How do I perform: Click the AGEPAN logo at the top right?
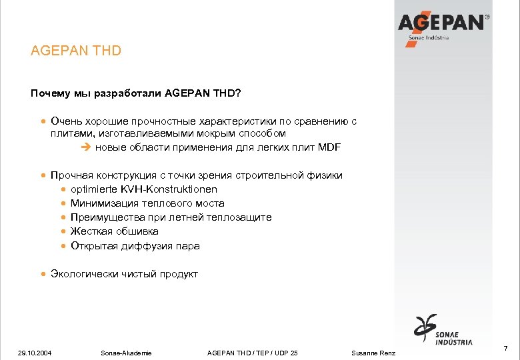coord(443,25)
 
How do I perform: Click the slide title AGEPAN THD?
coord(76,51)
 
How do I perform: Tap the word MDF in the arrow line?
coord(329,147)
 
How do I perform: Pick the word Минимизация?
coord(103,203)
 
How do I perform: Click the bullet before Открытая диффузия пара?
coord(63,246)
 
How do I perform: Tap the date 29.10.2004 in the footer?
coord(35,353)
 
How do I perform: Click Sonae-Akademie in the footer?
coord(126,353)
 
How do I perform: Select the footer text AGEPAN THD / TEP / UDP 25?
coord(253,353)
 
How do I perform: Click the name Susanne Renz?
coord(373,353)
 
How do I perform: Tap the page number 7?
coord(505,349)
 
